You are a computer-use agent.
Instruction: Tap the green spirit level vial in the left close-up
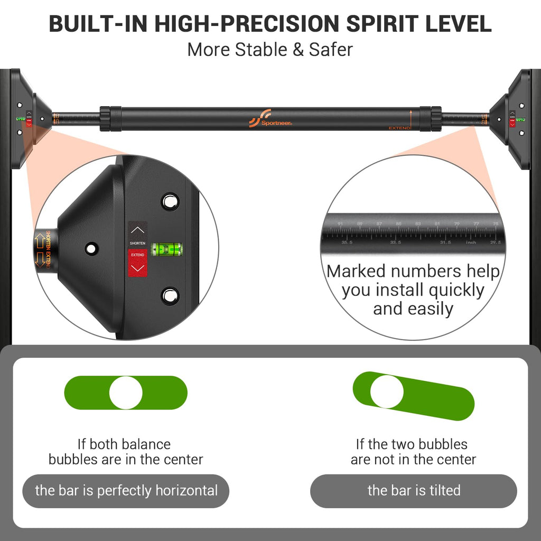[166, 249]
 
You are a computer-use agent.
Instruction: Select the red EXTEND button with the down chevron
[137, 262]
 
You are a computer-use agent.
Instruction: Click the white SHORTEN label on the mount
[137, 243]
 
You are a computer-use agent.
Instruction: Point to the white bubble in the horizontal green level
[126, 393]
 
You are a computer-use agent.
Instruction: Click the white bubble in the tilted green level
[387, 391]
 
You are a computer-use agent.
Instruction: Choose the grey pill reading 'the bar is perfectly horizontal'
[126, 491]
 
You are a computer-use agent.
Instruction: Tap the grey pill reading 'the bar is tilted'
[414, 491]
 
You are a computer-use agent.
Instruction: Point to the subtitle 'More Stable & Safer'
[270, 50]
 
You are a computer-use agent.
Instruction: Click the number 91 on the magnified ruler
[340, 225]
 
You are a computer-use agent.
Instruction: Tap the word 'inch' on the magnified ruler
[471, 242]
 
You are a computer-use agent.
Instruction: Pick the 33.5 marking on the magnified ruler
[395, 242]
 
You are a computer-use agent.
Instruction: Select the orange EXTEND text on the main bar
[399, 128]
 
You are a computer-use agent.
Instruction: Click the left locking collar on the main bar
[105, 119]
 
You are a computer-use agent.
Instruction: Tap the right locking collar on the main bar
[436, 119]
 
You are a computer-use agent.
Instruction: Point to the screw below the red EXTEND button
[170, 296]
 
